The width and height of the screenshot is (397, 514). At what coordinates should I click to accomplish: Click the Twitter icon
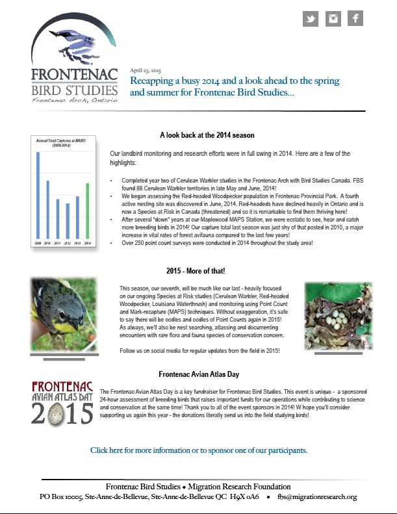pyautogui.click(x=311, y=19)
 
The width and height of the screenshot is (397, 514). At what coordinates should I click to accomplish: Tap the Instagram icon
pyautogui.click(x=333, y=19)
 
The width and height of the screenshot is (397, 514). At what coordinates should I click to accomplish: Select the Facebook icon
pyautogui.click(x=355, y=19)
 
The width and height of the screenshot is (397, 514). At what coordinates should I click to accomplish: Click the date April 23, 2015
pyautogui.click(x=146, y=70)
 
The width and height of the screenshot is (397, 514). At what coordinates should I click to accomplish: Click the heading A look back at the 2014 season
pyautogui.click(x=207, y=135)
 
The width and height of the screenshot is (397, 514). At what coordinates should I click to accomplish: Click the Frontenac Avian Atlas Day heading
pyautogui.click(x=199, y=374)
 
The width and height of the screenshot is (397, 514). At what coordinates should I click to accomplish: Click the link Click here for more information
pyautogui.click(x=198, y=450)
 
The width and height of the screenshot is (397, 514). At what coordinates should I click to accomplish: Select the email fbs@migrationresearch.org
pyautogui.click(x=318, y=497)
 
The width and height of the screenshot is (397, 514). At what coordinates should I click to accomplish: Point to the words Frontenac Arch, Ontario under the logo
pyautogui.click(x=74, y=100)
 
